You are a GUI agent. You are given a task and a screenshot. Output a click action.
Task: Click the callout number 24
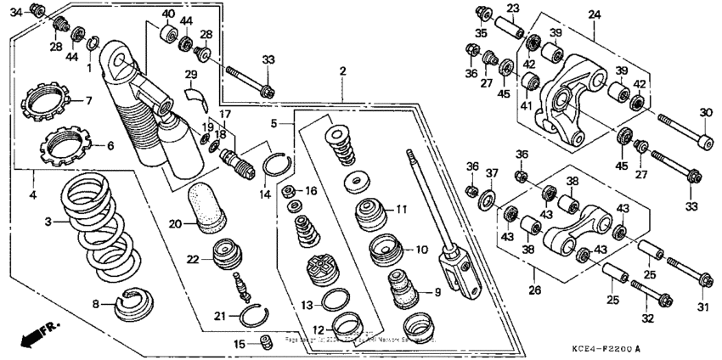point(594,14)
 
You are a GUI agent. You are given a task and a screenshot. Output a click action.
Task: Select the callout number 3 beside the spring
point(48,222)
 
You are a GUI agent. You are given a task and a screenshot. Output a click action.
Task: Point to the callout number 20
point(174,224)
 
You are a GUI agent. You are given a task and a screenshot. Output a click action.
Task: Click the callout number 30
point(705,113)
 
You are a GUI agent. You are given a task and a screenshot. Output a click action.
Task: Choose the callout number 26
point(533,290)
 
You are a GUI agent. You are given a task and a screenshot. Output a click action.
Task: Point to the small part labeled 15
point(264,342)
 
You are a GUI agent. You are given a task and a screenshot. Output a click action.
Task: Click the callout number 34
point(16,10)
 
